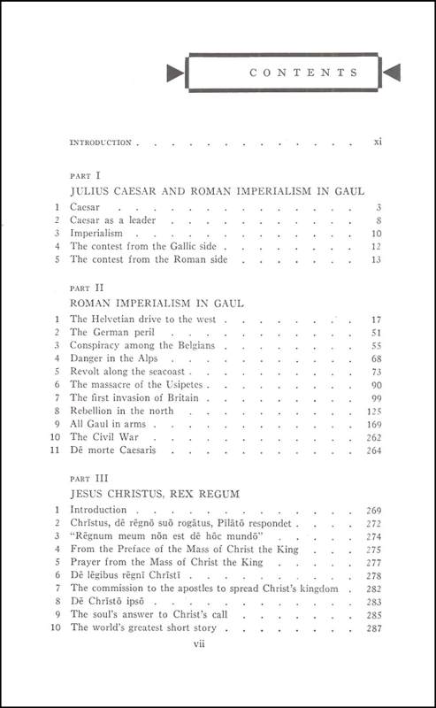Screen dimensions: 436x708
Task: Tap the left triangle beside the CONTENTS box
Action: click(x=176, y=73)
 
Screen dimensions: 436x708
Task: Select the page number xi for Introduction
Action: click(x=377, y=142)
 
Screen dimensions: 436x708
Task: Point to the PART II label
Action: click(x=84, y=288)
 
